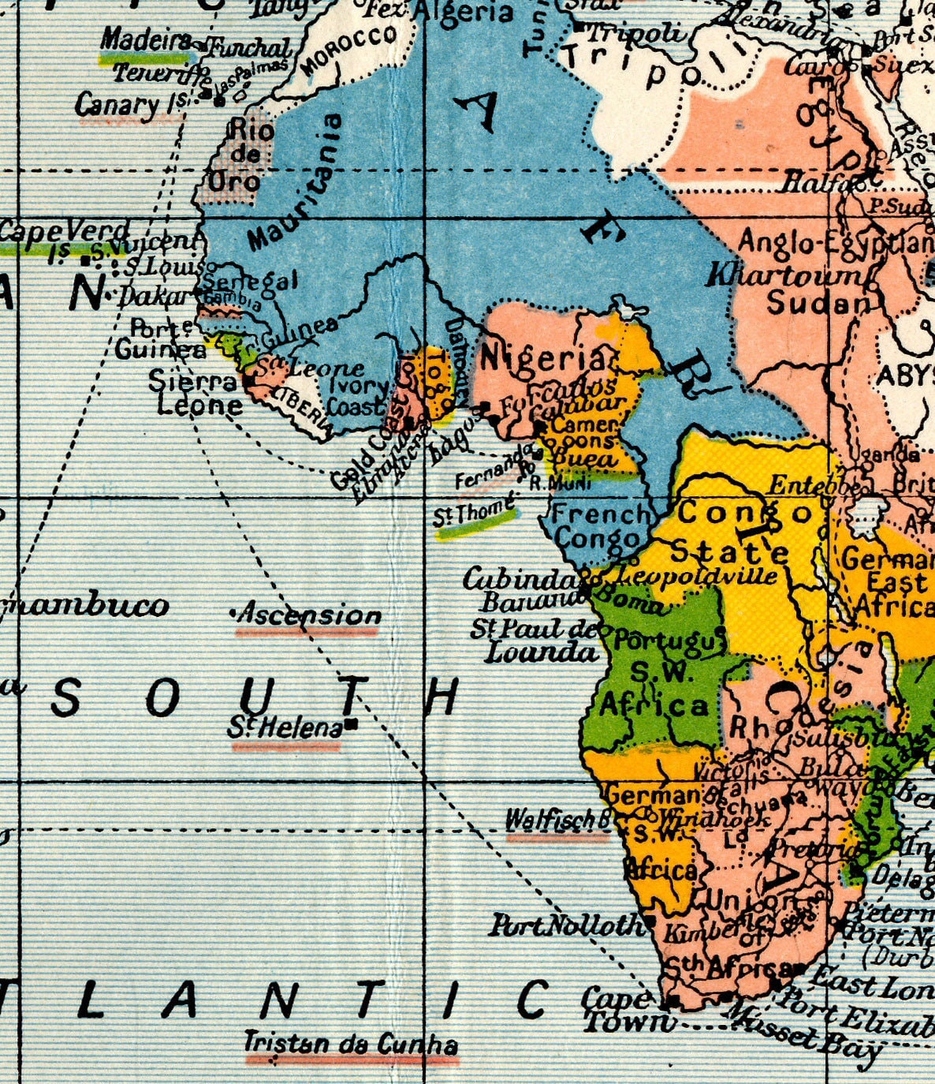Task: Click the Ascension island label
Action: [x=309, y=614]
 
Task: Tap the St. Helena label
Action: [x=285, y=727]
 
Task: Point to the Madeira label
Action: [x=147, y=39]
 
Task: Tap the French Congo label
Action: [x=599, y=526]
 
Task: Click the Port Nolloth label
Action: [x=566, y=925]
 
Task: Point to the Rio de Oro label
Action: [x=244, y=155]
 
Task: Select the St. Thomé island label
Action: [x=474, y=513]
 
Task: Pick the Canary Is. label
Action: [x=129, y=105]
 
